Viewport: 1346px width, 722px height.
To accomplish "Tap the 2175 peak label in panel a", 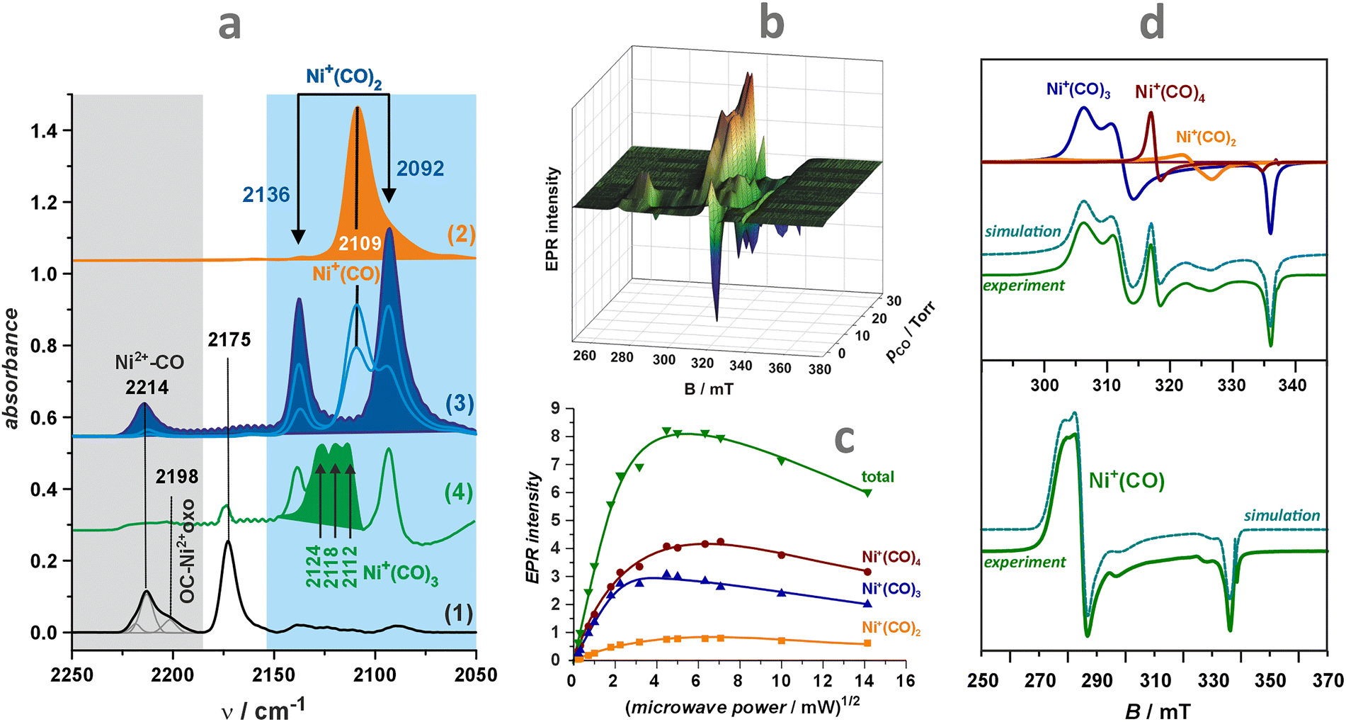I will click(x=229, y=340).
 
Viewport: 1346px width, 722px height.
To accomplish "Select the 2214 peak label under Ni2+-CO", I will click(x=147, y=387).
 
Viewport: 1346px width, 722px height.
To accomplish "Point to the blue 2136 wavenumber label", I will click(x=266, y=195).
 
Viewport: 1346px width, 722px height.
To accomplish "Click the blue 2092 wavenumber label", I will click(x=421, y=169).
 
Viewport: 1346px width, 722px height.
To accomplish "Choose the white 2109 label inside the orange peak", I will click(x=360, y=244).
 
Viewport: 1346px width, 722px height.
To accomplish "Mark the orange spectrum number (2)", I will click(x=461, y=234).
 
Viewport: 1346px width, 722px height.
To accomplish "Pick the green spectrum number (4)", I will click(x=458, y=492).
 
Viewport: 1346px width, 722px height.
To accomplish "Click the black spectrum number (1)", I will click(x=458, y=613).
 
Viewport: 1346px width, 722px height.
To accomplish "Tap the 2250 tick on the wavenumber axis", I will click(x=72, y=675).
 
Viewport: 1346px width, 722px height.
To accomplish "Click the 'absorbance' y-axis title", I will click(x=12, y=368).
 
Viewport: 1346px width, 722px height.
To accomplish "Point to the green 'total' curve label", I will click(x=877, y=477).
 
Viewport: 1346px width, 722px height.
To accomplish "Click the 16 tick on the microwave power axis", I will click(x=906, y=681).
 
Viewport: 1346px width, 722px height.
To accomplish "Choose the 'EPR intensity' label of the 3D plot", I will click(x=553, y=220).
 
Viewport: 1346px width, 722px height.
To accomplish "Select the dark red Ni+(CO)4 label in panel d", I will click(x=1170, y=93).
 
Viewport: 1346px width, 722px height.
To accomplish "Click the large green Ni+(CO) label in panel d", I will click(x=1127, y=480).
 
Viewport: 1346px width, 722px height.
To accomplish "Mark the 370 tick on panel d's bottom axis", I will click(x=1327, y=681).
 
